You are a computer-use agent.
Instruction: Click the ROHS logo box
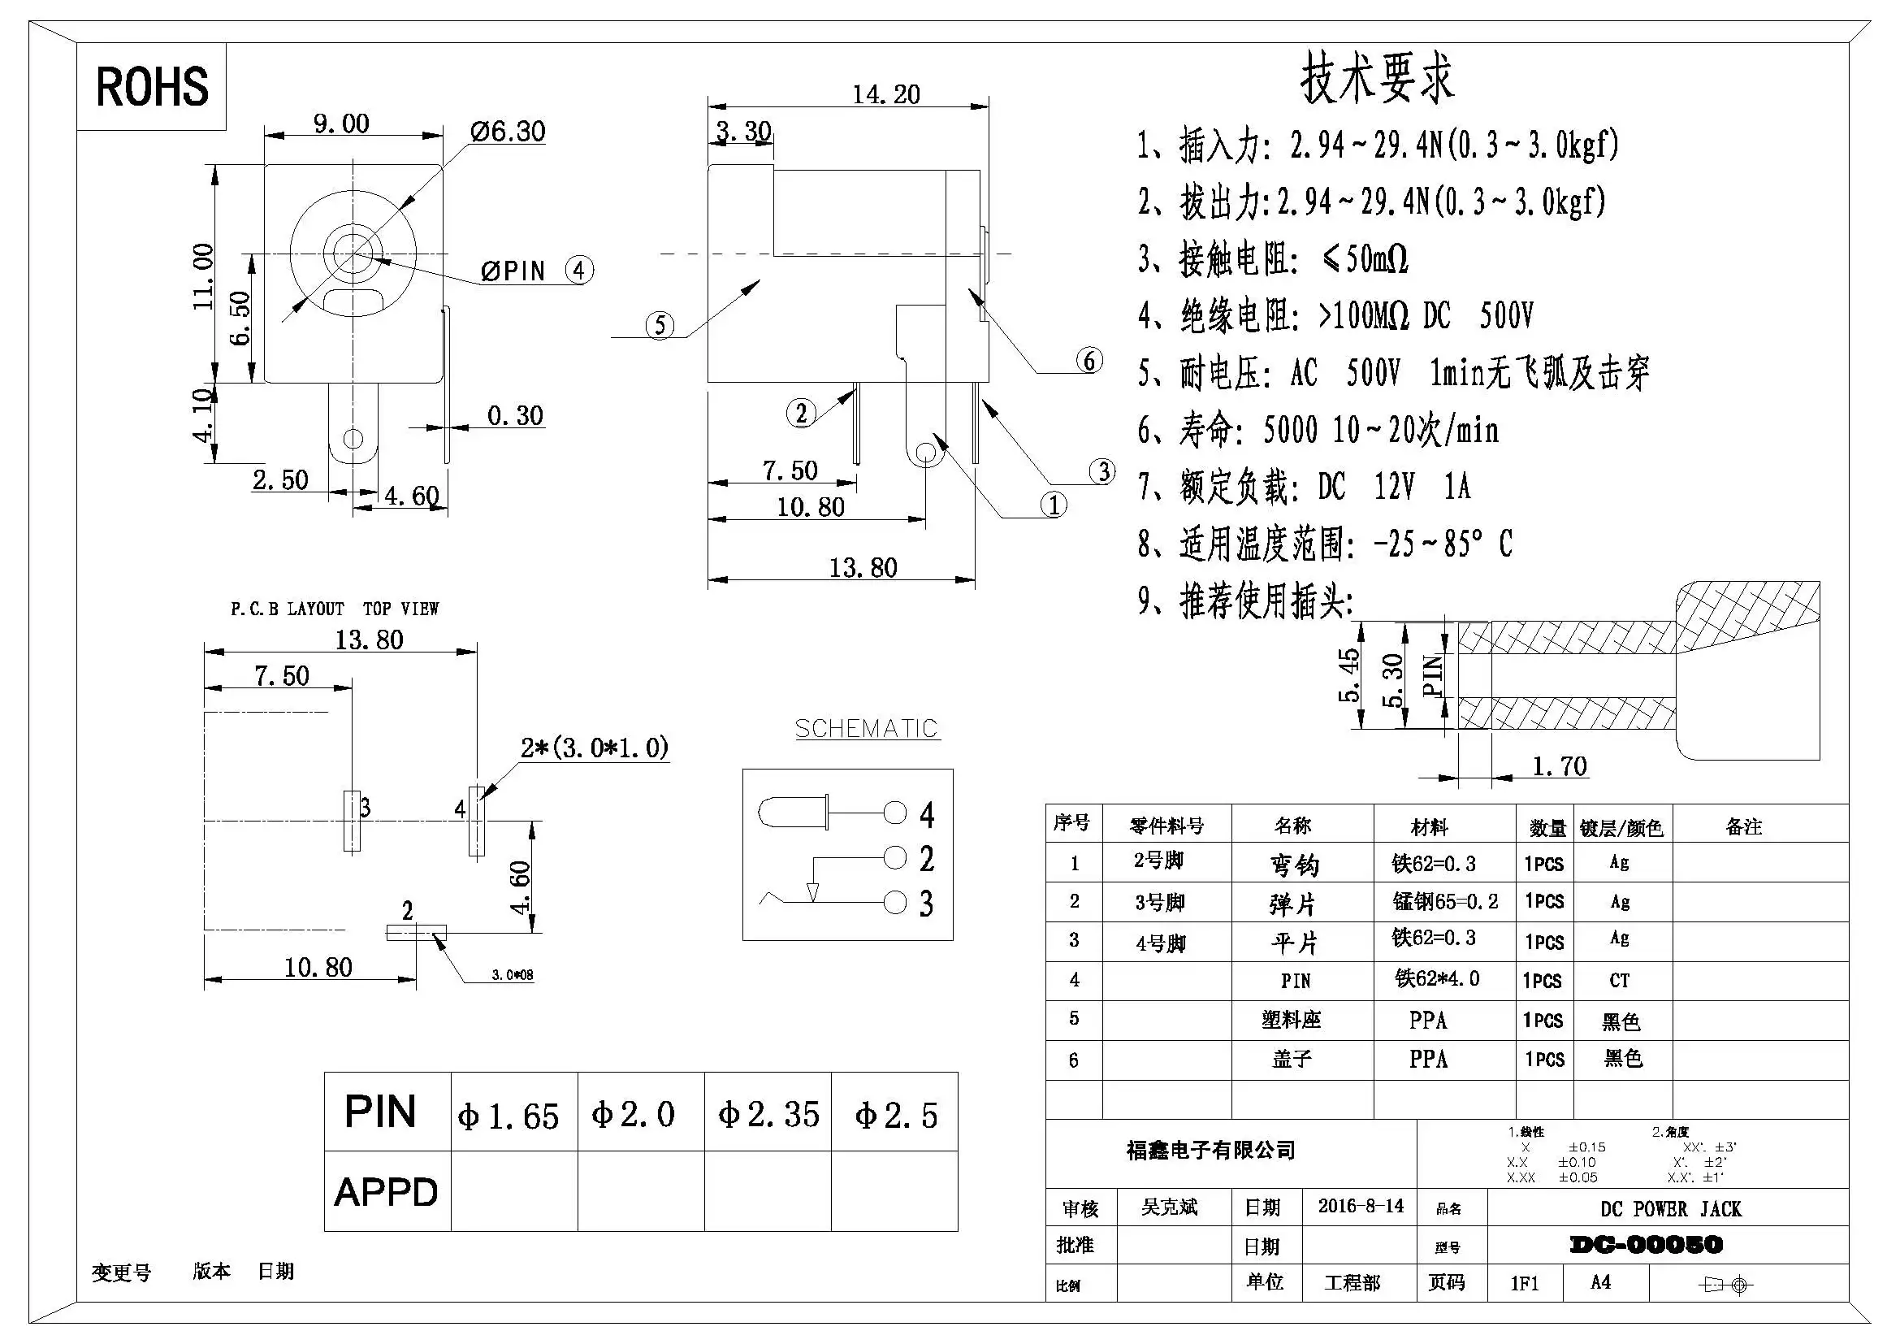tap(151, 86)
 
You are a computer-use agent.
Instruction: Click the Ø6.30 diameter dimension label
tap(507, 132)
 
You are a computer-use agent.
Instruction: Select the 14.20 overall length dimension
tap(885, 94)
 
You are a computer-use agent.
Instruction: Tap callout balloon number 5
tap(659, 324)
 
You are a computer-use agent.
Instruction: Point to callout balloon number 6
tap(1089, 360)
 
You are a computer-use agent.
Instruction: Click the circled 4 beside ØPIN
tap(579, 270)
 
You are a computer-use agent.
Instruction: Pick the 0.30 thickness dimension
tap(515, 415)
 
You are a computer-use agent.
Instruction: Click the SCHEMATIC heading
tap(866, 728)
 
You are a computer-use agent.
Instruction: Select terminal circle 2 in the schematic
tap(895, 857)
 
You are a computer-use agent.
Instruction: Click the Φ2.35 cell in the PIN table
tap(768, 1114)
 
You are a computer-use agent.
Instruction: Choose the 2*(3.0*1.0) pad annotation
tap(594, 748)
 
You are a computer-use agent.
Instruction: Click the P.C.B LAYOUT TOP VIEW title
tap(335, 609)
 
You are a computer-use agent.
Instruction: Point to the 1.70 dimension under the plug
tap(1559, 766)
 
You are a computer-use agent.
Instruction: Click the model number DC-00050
tap(1646, 1245)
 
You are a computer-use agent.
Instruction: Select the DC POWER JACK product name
tap(1670, 1209)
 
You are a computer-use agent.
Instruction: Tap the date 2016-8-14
tap(1361, 1206)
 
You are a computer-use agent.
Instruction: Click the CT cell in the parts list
tap(1620, 981)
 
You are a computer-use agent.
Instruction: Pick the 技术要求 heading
tap(1376, 79)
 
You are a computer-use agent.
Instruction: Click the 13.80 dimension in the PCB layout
tap(369, 639)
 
